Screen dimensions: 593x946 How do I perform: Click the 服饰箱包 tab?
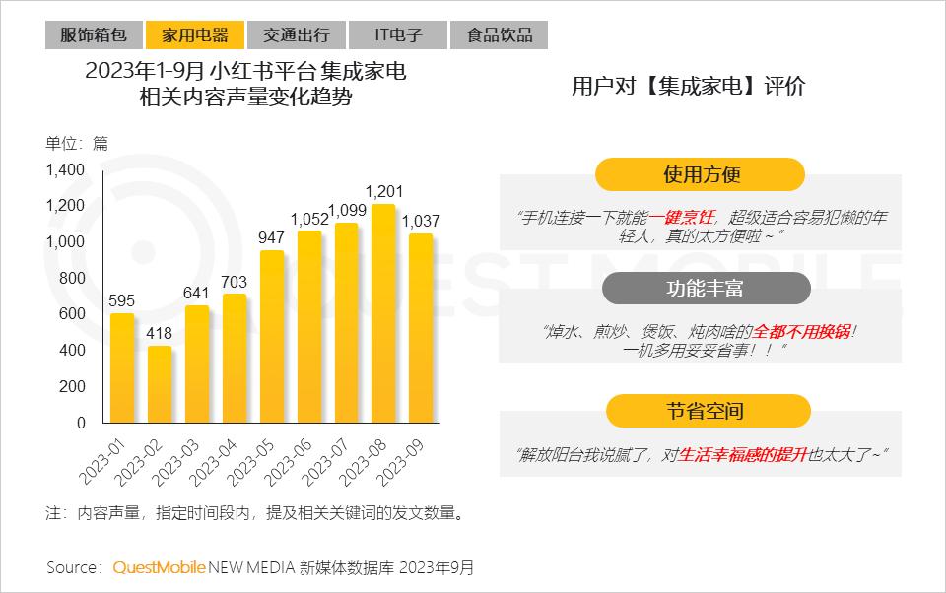(x=94, y=35)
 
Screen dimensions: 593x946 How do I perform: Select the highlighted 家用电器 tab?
(x=194, y=35)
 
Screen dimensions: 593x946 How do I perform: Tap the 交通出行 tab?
(x=296, y=35)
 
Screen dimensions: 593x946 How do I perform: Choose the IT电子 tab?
(x=397, y=35)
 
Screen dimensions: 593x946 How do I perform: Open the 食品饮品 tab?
(x=499, y=35)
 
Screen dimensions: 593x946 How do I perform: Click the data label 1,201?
(x=382, y=191)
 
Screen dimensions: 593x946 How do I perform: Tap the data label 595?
(x=122, y=300)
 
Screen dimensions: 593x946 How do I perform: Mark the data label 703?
(x=235, y=282)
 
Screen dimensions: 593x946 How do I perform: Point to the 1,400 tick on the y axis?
(x=66, y=170)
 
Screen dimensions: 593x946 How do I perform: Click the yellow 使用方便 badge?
(x=701, y=175)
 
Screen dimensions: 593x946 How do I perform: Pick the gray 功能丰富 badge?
(x=706, y=289)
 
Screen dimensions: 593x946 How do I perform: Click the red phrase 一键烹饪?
(x=690, y=217)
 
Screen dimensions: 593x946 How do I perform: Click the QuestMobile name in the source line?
(x=160, y=568)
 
